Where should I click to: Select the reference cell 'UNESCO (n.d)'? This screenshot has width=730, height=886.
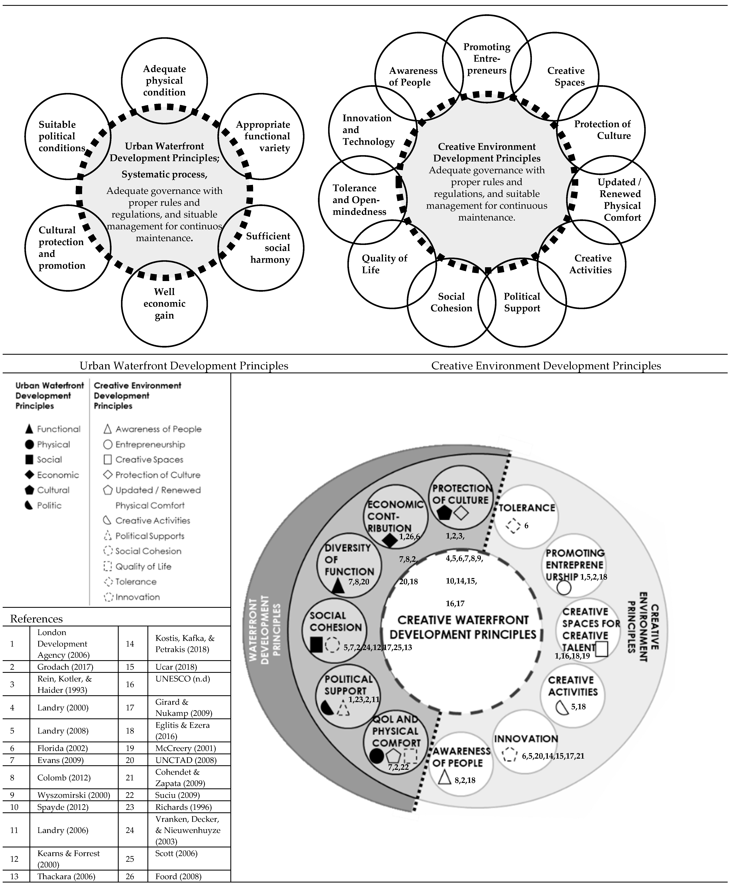click(182, 679)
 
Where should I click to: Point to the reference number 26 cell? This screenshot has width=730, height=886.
click(130, 876)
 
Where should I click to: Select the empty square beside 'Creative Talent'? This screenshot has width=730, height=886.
click(602, 649)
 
